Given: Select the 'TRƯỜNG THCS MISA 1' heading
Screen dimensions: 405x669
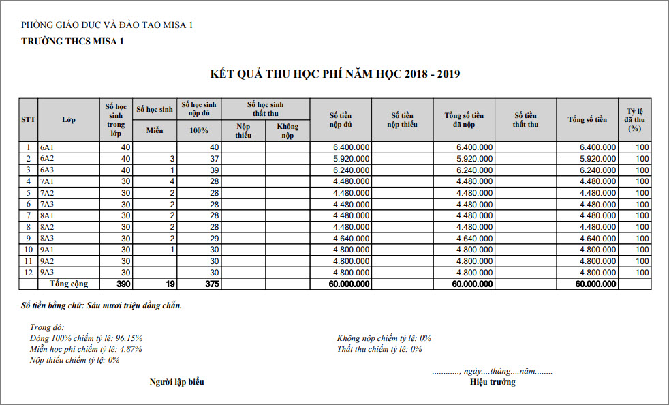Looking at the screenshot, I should point(73,41).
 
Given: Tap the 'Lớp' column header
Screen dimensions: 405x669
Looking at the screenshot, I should point(68,120).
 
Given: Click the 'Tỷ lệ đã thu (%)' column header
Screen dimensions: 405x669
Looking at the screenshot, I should point(635,119).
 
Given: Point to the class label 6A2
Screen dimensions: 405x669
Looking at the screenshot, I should point(47,158).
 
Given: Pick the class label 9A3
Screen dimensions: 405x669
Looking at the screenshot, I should point(47,273).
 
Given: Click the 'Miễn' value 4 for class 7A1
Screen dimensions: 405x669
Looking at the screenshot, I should point(173,181).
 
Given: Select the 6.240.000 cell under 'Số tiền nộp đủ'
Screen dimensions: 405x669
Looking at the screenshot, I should point(352,170).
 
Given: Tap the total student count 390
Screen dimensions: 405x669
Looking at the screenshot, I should point(123,284).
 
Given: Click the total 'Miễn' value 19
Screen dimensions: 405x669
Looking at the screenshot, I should point(170,284).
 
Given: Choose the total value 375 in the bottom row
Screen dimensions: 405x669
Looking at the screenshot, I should point(211,284).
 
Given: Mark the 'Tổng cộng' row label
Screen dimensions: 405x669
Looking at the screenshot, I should point(68,284).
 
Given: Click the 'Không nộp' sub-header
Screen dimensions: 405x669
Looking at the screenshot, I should point(287,131).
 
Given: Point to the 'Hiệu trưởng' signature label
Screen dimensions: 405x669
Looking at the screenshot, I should point(493,382).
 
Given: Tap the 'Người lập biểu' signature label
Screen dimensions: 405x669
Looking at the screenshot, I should point(176,382).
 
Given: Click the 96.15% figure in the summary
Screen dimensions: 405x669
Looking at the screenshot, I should point(129,338).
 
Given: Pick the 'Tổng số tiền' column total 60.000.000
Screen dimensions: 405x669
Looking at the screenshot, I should point(596,284).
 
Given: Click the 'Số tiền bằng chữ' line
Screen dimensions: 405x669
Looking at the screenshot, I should point(102,305).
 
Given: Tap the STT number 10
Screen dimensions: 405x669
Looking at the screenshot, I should point(28,250).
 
